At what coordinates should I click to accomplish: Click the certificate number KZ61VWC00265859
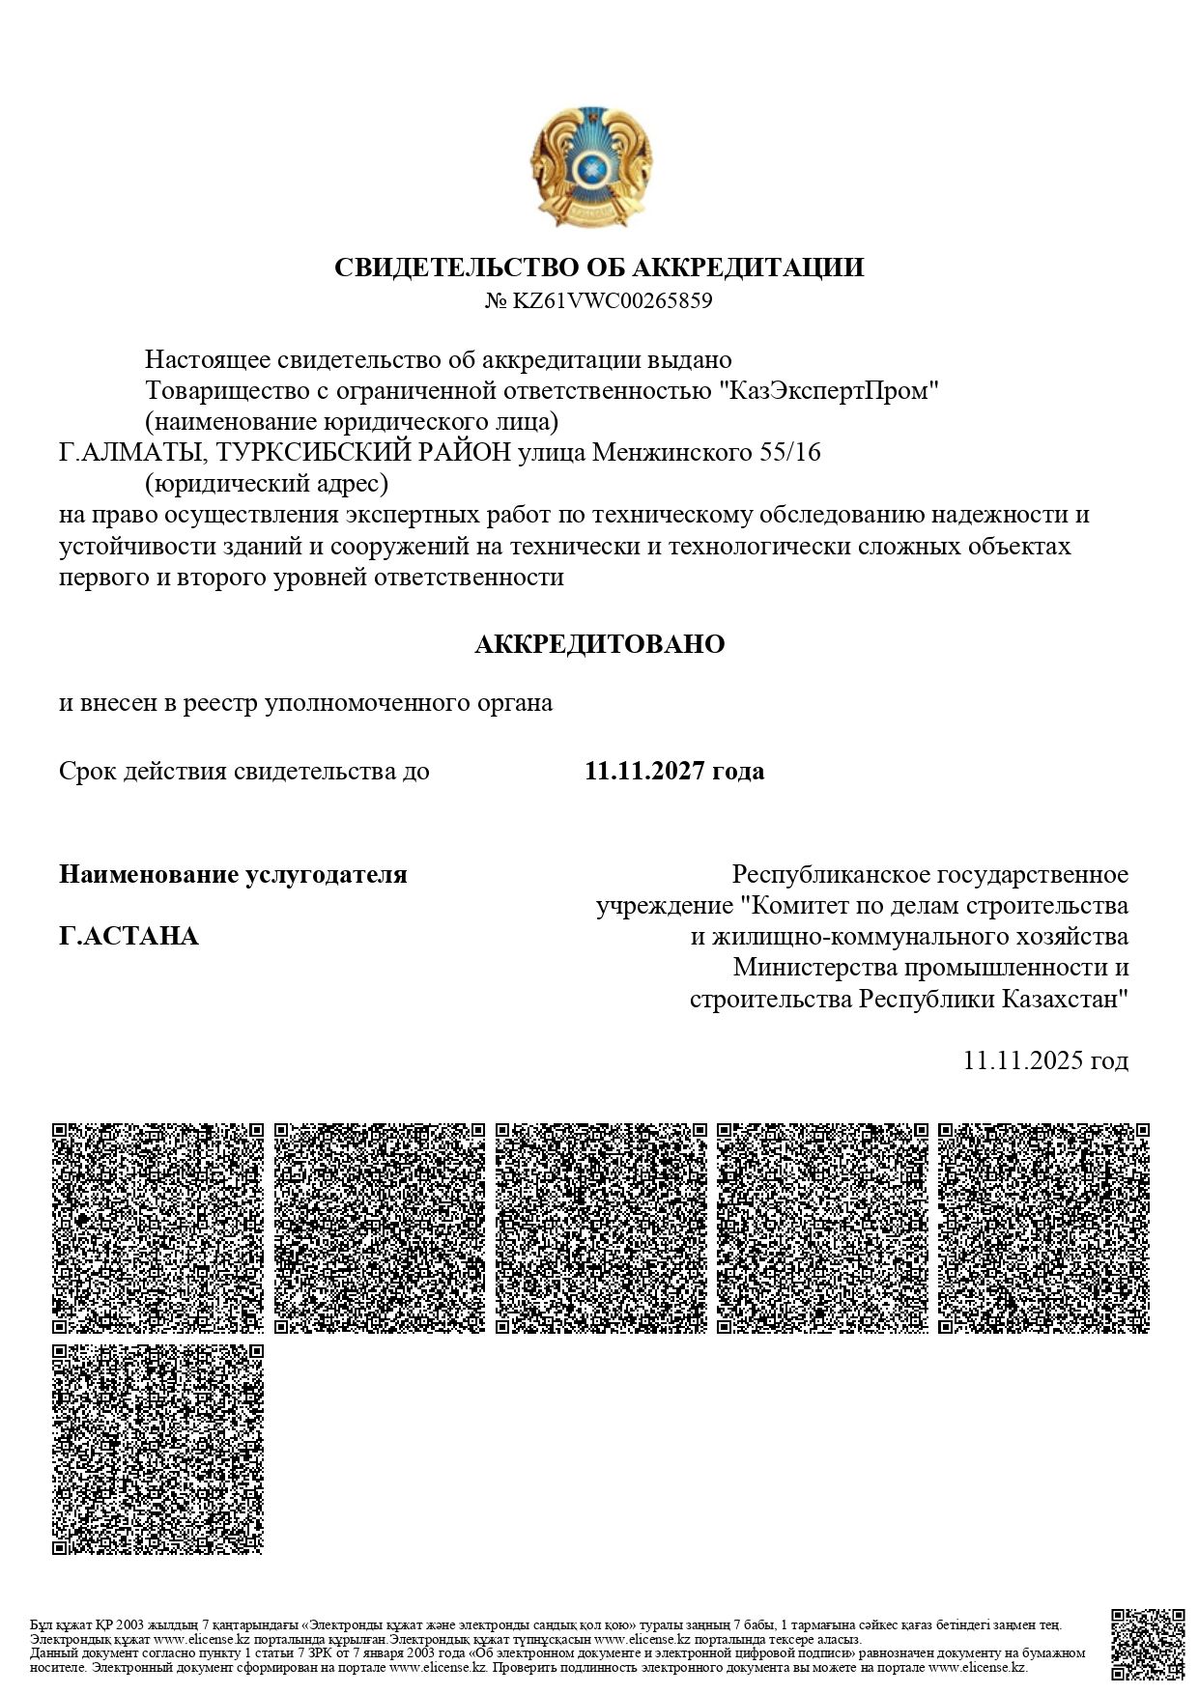point(612,300)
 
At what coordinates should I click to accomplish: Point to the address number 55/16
point(790,452)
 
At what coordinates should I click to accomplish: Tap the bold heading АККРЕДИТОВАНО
point(599,644)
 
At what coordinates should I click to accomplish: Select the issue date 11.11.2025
point(1023,1060)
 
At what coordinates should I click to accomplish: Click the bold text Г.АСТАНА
point(128,936)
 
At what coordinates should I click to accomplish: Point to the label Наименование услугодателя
point(233,875)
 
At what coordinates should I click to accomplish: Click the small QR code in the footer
point(1148,1644)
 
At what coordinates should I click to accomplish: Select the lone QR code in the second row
point(157,1449)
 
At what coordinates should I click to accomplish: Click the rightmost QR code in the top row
point(1043,1228)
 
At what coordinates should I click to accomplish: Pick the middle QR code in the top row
point(601,1228)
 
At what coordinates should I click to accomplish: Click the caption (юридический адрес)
point(266,483)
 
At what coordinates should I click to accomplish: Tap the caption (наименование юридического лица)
point(352,422)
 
